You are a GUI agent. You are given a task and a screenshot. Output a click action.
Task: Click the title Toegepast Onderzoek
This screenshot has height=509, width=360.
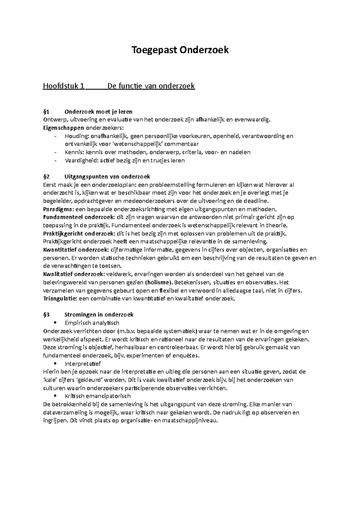[180, 50]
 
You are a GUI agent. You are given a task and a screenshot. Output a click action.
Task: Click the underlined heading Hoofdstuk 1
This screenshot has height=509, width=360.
[63, 86]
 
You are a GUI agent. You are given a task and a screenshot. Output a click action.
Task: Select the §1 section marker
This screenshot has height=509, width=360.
[46, 112]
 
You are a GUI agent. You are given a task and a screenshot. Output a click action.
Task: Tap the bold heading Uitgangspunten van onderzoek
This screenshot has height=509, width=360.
[107, 177]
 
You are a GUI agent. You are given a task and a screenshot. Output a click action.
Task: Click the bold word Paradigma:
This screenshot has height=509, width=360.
[58, 209]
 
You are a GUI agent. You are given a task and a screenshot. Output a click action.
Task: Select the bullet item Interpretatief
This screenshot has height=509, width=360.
[83, 364]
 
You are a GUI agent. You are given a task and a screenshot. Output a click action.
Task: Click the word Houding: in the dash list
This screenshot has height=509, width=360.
[75, 136]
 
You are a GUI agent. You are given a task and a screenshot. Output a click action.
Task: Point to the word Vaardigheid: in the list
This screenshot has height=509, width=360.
[79, 160]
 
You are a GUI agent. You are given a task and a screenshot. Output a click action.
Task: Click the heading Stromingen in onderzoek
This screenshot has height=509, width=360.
[99, 315]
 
